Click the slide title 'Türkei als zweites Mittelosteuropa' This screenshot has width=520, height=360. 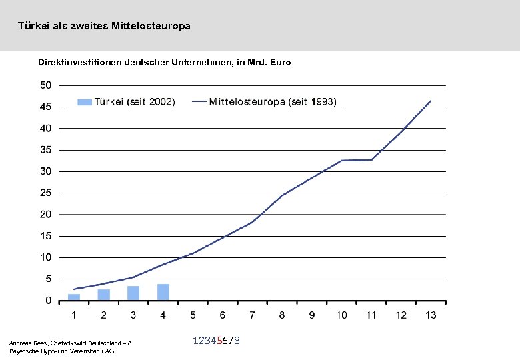(104, 26)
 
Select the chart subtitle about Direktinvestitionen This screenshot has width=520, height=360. (164, 62)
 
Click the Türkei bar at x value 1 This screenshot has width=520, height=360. (74, 297)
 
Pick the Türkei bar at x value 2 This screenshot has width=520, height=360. (103, 295)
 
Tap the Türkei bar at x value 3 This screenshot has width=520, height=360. (133, 293)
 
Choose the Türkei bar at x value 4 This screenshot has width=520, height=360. (163, 292)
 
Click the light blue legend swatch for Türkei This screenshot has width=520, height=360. (85, 102)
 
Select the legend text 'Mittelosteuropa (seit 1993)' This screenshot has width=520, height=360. (273, 102)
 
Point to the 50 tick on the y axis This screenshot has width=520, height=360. (45, 85)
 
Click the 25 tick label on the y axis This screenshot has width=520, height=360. (45, 193)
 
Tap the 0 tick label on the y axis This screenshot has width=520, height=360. (48, 301)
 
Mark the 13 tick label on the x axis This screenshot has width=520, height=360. (430, 315)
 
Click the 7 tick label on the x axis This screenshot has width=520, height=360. (253, 315)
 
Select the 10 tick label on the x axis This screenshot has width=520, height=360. (341, 315)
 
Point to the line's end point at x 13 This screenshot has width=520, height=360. (431, 101)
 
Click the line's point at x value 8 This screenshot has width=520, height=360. (283, 195)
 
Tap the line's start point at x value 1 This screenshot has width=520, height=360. (74, 289)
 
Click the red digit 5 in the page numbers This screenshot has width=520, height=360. (219, 341)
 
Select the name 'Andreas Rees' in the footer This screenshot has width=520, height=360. (26, 343)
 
